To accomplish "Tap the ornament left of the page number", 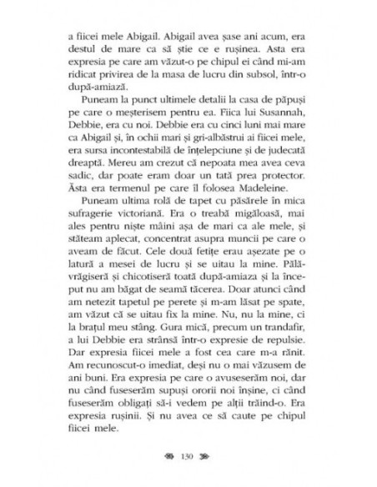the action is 172,457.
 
